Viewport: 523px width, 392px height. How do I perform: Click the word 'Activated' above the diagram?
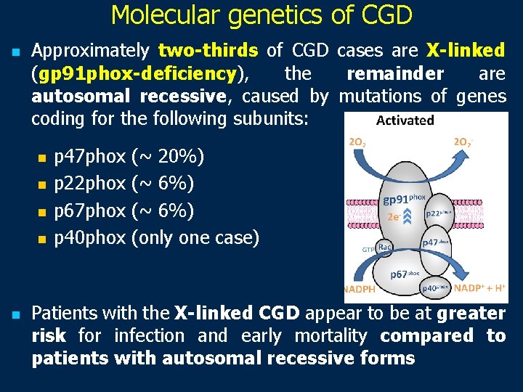tap(405, 121)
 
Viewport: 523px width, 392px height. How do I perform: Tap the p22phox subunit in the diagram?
tap(440, 213)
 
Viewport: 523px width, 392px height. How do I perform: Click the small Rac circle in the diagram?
tap(385, 248)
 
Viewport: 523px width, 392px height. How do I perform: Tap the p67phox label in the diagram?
tap(405, 274)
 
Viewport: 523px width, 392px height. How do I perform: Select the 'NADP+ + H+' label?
tap(479, 288)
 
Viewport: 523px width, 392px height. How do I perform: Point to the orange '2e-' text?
tap(396, 216)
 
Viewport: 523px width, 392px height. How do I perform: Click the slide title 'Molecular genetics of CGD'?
tap(261, 15)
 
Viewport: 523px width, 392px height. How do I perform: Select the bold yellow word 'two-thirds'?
tap(208, 51)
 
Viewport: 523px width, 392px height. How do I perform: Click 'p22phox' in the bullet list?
tap(90, 184)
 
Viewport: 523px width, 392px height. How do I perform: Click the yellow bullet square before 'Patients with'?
tap(15, 314)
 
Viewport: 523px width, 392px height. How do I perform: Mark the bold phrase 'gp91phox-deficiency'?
tap(137, 73)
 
